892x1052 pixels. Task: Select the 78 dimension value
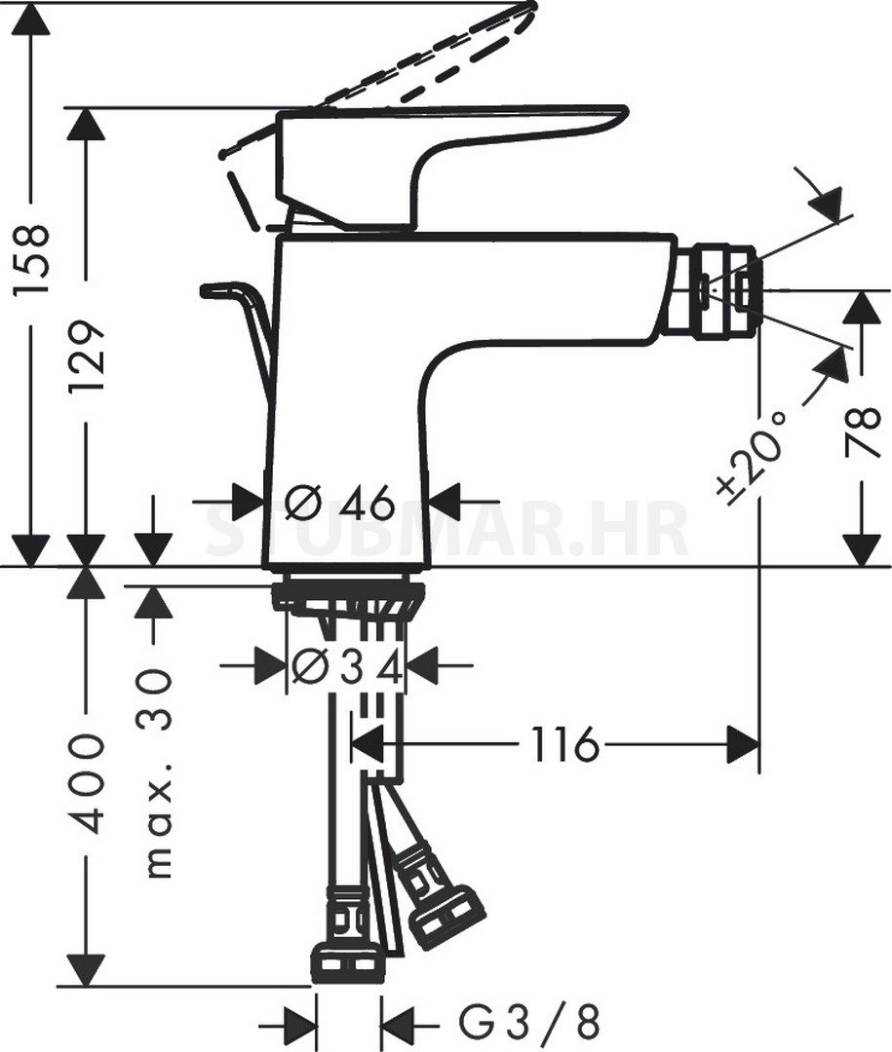coord(862,432)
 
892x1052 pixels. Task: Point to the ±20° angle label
coord(751,456)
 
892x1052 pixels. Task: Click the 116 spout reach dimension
coord(564,744)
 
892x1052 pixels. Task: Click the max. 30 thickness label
coord(159,772)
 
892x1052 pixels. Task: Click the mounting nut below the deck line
coord(348,596)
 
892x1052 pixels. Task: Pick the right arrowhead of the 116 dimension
coord(744,744)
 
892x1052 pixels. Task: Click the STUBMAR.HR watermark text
coord(446,529)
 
